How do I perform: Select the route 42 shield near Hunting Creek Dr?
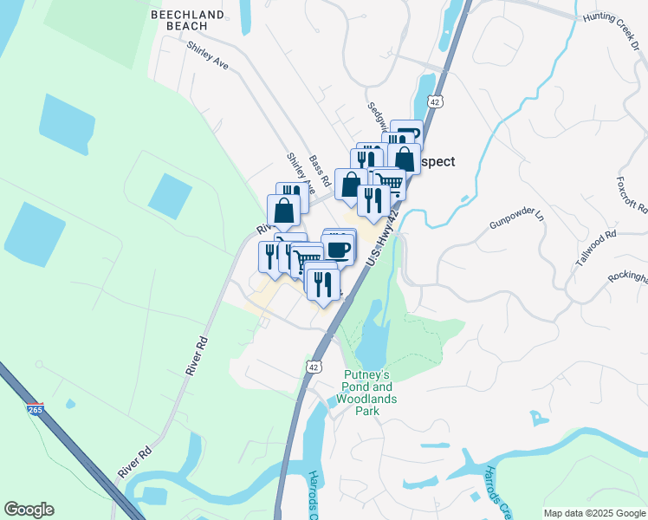coord(435,101)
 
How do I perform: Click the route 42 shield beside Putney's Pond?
coord(313,367)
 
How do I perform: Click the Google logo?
coord(29,510)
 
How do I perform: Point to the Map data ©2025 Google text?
coord(594,513)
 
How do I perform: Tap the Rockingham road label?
coord(626,276)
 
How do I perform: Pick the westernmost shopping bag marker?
coord(283,209)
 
